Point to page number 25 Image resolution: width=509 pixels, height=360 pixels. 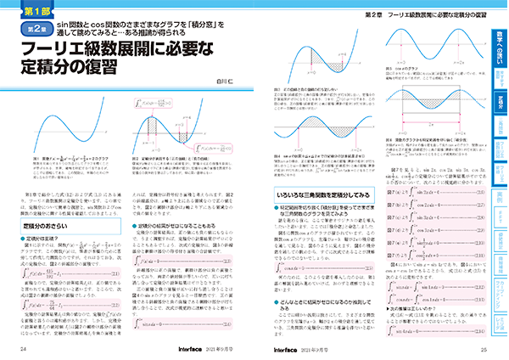(x=482, y=349)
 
